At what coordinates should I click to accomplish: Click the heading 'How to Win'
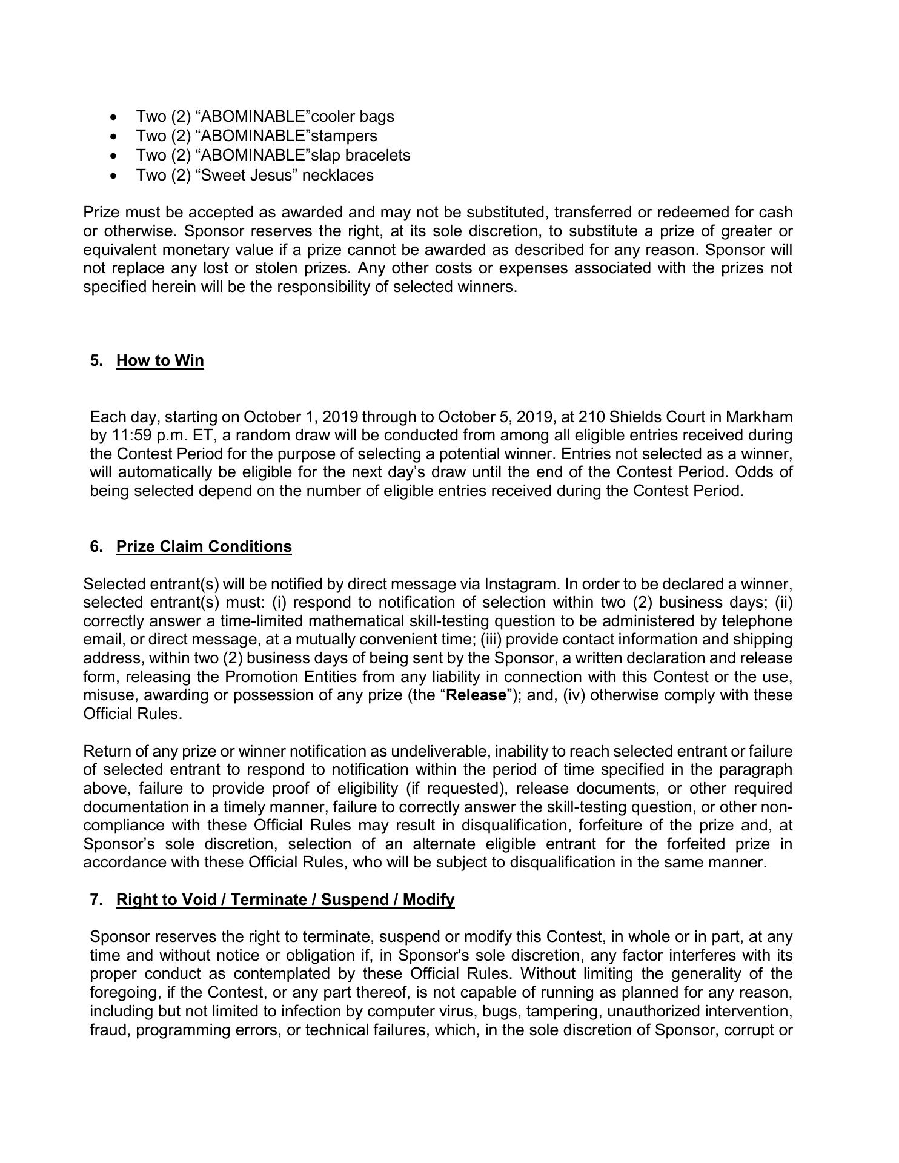tap(160, 360)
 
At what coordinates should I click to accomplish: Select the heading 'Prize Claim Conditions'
tap(204, 546)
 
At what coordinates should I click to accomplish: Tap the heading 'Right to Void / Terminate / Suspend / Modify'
tap(285, 900)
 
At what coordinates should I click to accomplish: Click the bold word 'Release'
tap(476, 695)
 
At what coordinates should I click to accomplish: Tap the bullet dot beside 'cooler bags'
tap(114, 117)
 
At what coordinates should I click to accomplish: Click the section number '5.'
tap(96, 360)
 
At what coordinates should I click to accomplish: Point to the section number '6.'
tap(96, 546)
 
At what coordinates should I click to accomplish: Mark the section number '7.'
tap(96, 900)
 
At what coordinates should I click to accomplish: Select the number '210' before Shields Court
tap(591, 417)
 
